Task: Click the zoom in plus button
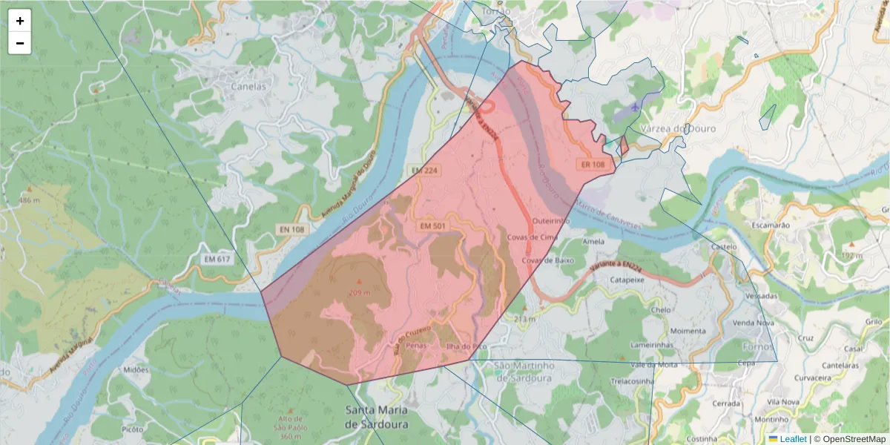pos(20,21)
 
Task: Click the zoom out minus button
pos(20,43)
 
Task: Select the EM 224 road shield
pos(426,171)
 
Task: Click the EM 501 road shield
pos(434,225)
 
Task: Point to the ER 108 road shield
pos(593,164)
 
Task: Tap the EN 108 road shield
pos(293,230)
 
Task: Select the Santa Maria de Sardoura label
pos(377,417)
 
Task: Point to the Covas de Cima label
pos(532,237)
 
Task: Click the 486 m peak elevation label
pos(29,200)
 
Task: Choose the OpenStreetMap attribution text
pos(854,439)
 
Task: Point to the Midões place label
pos(136,369)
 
